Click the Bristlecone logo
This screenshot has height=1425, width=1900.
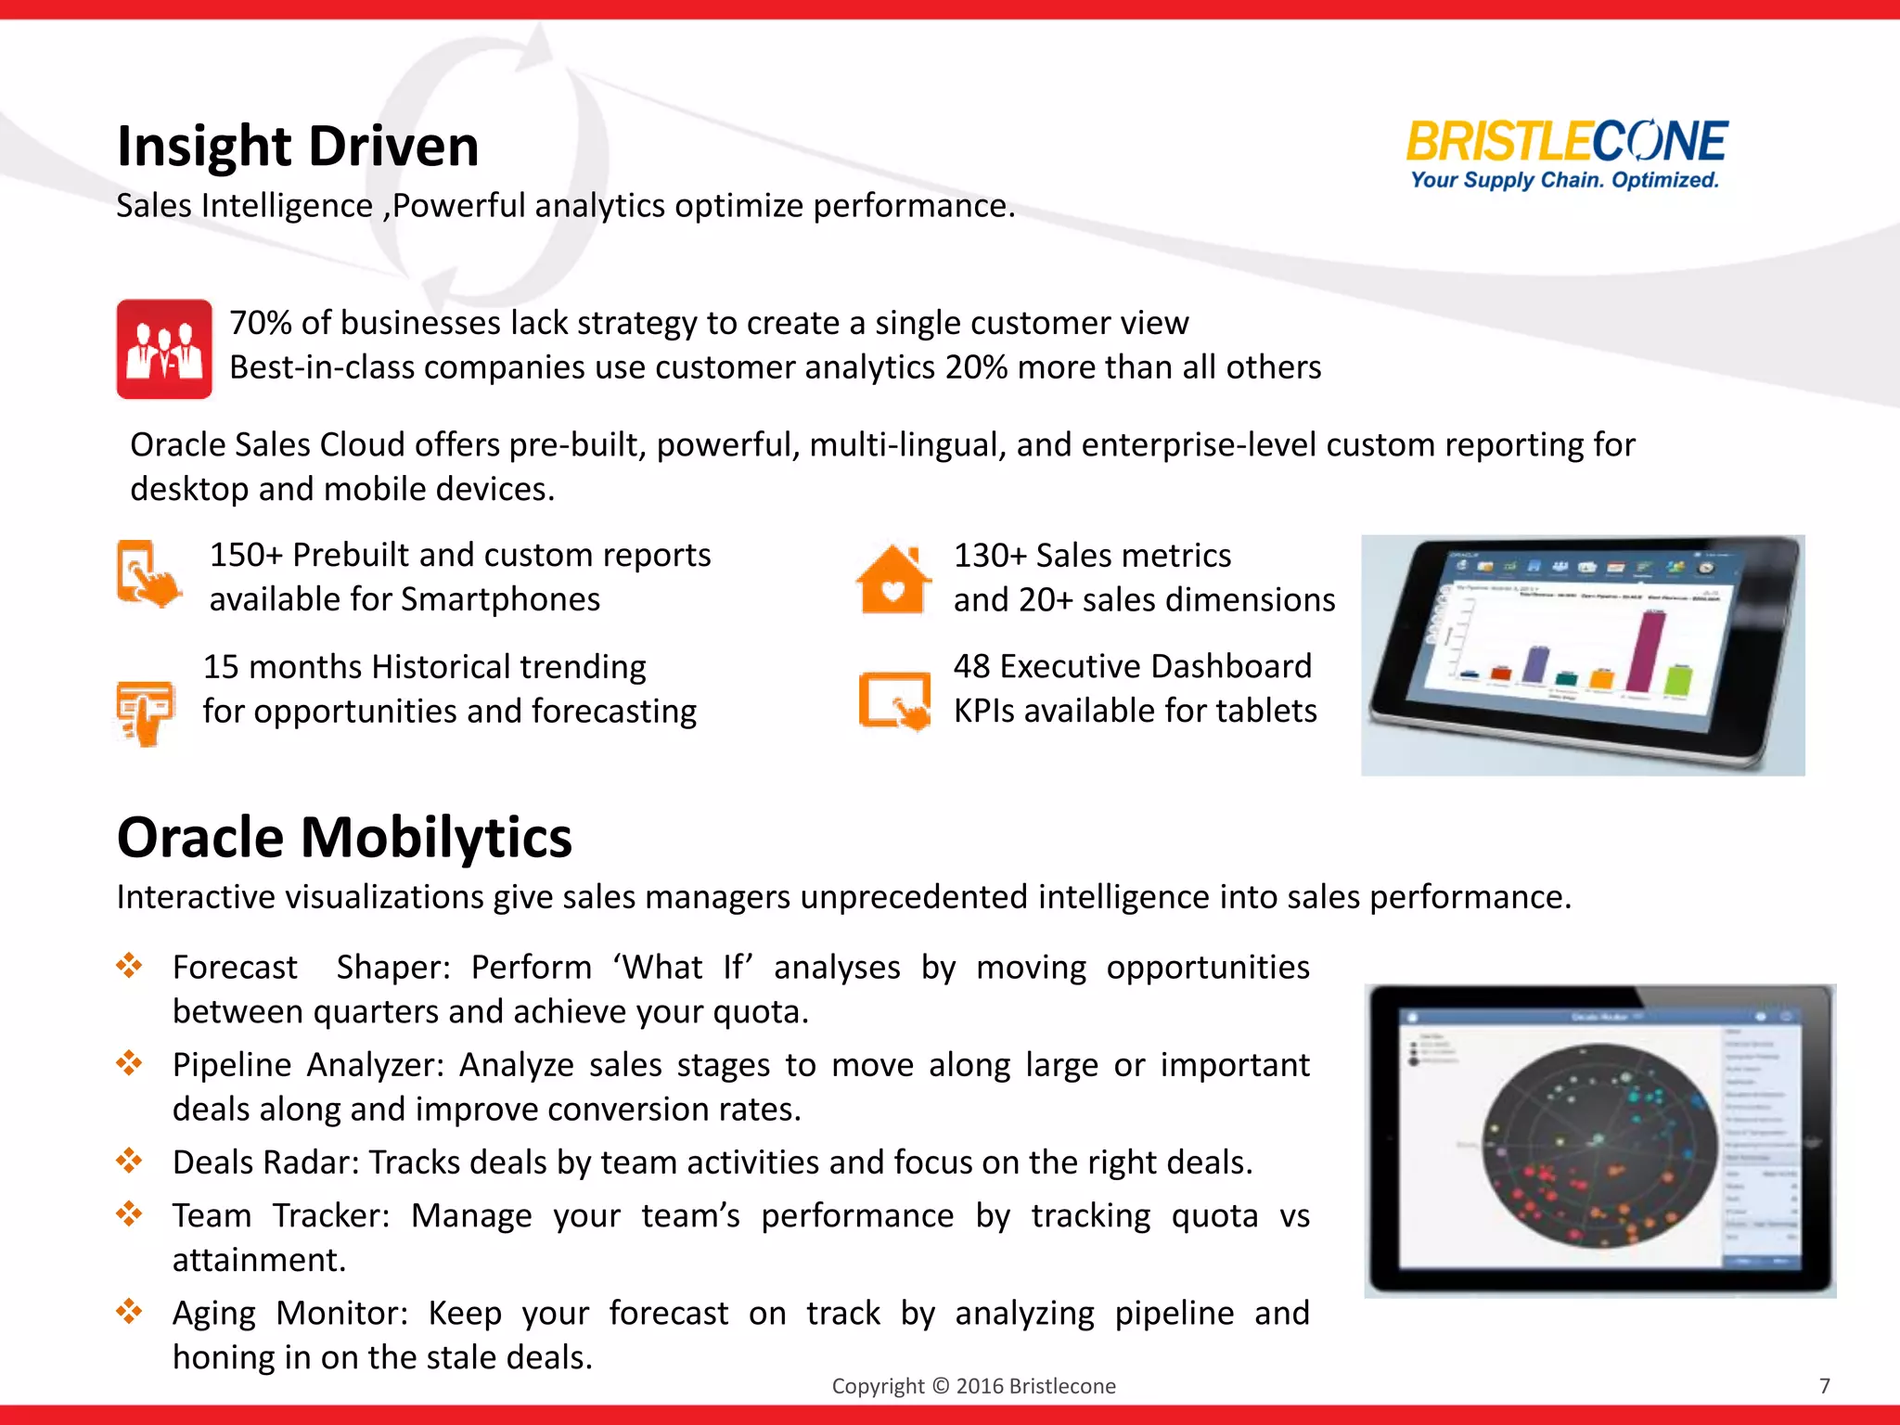click(x=1565, y=154)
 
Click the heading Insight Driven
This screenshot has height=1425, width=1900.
click(x=298, y=147)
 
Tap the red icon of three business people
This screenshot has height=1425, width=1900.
click(x=164, y=349)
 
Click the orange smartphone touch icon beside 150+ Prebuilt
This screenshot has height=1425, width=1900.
click(x=148, y=574)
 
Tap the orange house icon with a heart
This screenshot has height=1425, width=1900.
click(x=892, y=580)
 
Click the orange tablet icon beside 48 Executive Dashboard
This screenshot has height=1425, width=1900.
click(x=894, y=700)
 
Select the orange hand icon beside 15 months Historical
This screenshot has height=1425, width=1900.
click(x=146, y=712)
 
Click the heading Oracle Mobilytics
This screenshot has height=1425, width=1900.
click(x=344, y=837)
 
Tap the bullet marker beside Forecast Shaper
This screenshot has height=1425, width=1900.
click(x=129, y=966)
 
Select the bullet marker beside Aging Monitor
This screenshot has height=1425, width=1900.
click(x=129, y=1311)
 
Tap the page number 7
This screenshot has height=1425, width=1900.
click(x=1824, y=1386)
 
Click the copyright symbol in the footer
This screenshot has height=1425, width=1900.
click(x=940, y=1386)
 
